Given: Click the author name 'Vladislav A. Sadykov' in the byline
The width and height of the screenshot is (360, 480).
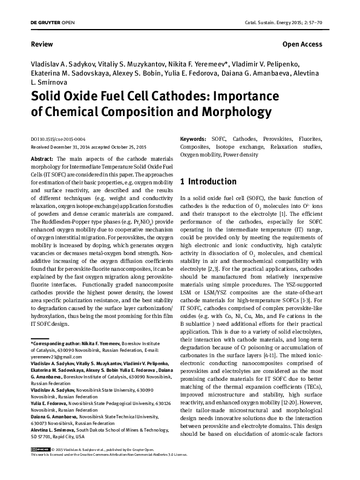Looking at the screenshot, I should [x=62, y=63].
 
